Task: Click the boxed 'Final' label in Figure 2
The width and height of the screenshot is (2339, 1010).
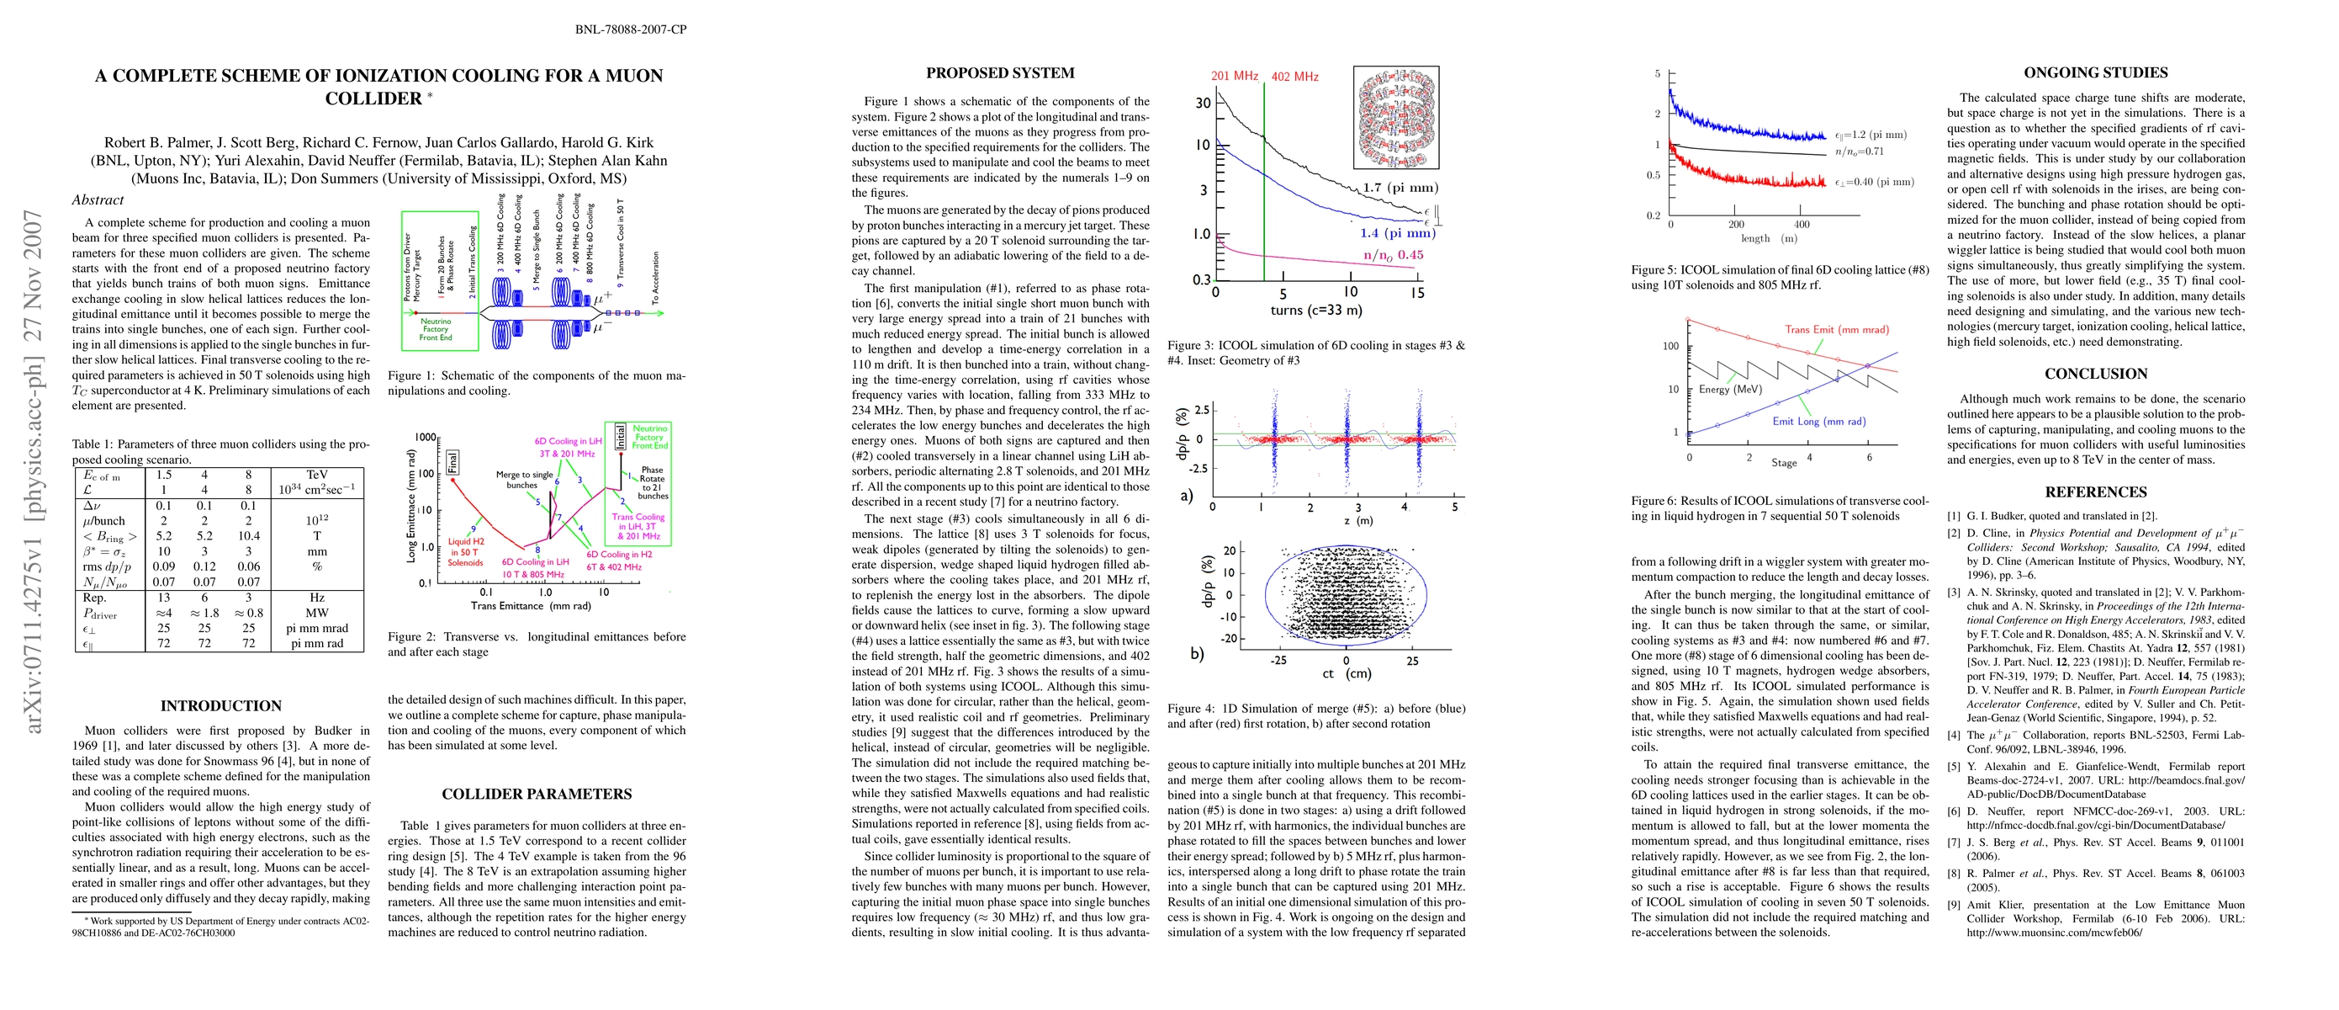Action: (x=453, y=461)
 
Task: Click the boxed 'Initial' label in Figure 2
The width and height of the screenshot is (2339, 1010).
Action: (x=620, y=436)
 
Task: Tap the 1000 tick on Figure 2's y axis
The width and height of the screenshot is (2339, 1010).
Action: (x=425, y=437)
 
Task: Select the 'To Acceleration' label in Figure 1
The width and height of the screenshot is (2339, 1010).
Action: (x=654, y=278)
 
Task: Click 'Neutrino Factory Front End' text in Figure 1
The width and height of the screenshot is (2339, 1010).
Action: (x=436, y=329)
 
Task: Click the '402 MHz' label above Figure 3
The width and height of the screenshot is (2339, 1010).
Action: (x=1294, y=77)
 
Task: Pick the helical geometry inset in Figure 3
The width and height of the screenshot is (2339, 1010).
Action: (x=1394, y=117)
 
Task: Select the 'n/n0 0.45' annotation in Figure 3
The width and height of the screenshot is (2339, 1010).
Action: (x=1393, y=255)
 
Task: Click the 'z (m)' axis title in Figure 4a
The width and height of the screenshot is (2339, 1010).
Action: (x=1358, y=520)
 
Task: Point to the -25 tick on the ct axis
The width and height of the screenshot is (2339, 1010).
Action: (x=1278, y=661)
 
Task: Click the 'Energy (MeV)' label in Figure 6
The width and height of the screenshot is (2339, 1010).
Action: (x=1730, y=390)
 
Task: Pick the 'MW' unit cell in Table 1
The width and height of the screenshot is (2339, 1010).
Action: (x=317, y=613)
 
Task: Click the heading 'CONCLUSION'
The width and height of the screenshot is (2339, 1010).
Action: (x=2096, y=374)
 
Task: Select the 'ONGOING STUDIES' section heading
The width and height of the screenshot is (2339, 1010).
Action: (x=2096, y=72)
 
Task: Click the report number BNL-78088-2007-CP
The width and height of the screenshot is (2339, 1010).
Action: (x=630, y=29)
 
